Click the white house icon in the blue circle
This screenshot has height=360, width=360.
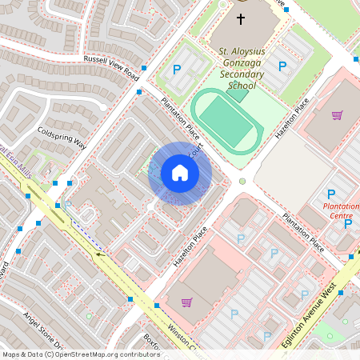(x=180, y=173)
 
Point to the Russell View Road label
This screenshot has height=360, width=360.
(x=111, y=68)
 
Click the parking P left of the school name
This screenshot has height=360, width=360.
(x=178, y=70)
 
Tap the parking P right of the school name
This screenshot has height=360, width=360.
(x=282, y=65)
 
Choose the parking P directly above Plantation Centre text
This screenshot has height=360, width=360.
(x=331, y=194)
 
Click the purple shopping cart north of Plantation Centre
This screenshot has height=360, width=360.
(x=337, y=115)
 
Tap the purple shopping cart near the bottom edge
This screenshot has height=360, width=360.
(x=186, y=302)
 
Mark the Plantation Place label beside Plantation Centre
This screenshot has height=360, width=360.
(x=302, y=232)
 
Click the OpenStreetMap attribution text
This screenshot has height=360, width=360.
(x=81, y=354)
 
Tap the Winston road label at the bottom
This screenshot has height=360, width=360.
(x=182, y=337)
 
